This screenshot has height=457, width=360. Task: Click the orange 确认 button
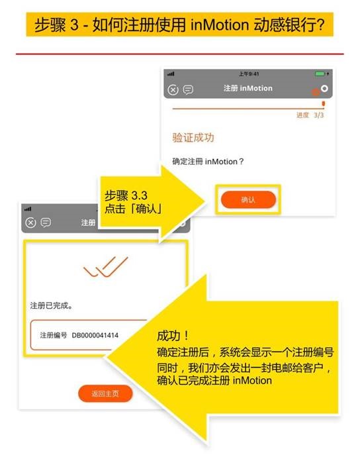tap(248, 199)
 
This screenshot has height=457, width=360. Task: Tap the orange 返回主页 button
tap(105, 393)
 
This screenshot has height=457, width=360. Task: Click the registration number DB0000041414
tap(95, 335)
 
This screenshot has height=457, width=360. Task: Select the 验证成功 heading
tap(193, 138)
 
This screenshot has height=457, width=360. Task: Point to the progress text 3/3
tap(319, 115)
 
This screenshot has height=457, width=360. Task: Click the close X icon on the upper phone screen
tap(173, 90)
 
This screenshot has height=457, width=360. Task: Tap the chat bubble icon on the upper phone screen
tap(188, 89)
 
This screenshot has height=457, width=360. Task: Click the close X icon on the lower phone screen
tap(30, 223)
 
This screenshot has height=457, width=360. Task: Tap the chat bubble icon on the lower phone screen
tap(46, 223)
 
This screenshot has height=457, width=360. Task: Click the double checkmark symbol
tap(105, 267)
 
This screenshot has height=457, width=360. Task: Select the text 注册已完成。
tap(51, 305)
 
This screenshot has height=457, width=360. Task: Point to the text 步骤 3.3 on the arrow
tap(126, 195)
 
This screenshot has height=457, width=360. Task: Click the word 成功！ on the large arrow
tap(173, 336)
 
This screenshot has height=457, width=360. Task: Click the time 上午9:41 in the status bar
tap(249, 74)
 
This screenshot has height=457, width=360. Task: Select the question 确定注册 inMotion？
tap(208, 162)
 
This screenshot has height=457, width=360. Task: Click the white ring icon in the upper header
tap(324, 88)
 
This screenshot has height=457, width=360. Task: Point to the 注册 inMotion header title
tap(248, 88)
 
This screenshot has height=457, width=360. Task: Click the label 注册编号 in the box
tap(54, 335)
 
